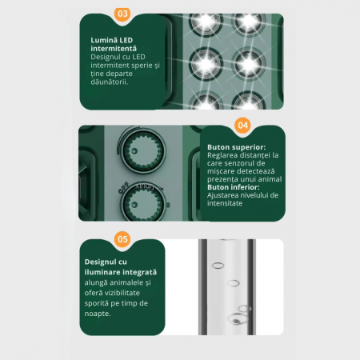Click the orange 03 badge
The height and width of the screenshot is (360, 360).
[x=122, y=14]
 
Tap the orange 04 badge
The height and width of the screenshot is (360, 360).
[x=242, y=126]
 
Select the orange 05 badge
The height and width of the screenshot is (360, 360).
[x=122, y=239]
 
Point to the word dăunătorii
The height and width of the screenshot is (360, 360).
[x=110, y=82]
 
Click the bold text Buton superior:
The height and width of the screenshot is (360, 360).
[x=237, y=147]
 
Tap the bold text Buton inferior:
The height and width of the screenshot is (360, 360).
[x=234, y=187]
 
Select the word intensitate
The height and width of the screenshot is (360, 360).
[x=225, y=203]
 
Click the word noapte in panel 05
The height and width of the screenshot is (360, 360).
[x=97, y=314]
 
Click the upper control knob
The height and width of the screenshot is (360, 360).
[x=143, y=150]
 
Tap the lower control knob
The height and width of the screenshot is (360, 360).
[x=143, y=204]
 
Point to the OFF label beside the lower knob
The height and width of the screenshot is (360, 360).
[x=124, y=187]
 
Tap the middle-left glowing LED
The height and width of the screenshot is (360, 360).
[x=206, y=64]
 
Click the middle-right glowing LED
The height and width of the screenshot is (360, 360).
[x=249, y=64]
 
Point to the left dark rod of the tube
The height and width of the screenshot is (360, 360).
[x=202, y=287]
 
